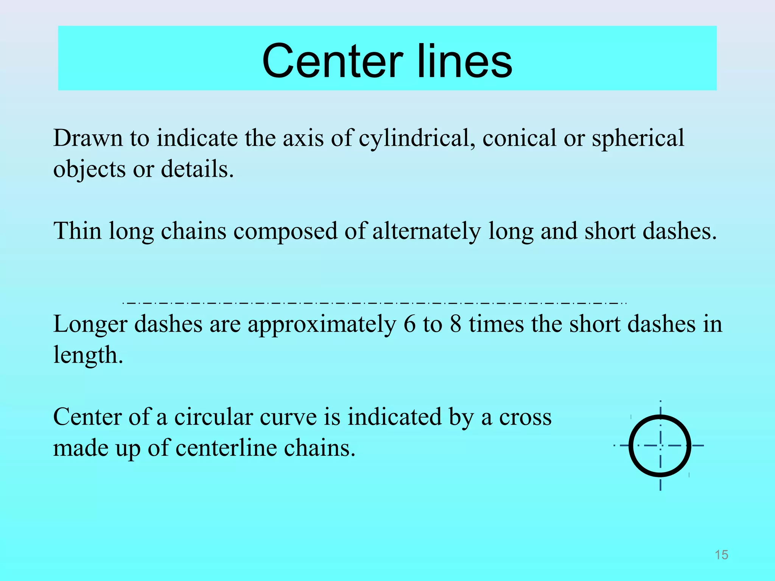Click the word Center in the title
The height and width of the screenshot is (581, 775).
(x=332, y=61)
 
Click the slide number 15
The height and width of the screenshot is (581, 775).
(x=721, y=555)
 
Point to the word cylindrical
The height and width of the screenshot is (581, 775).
(x=417, y=138)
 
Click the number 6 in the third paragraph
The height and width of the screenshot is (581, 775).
(x=409, y=324)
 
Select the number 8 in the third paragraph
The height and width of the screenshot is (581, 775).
(x=456, y=324)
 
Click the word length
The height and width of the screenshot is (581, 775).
(x=88, y=356)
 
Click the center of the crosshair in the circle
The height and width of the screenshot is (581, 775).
(x=660, y=446)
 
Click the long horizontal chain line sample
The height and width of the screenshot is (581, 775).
(x=375, y=303)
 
